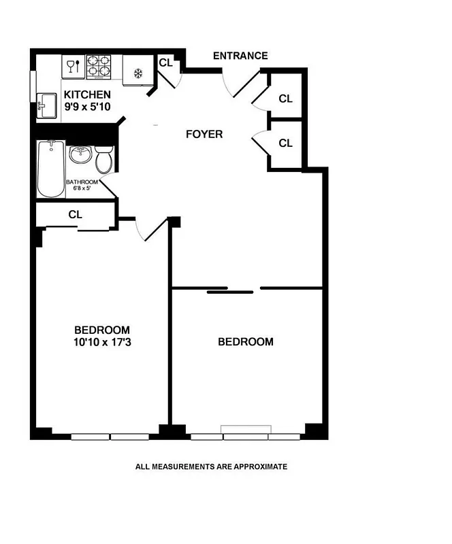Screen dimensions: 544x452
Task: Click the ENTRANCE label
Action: pyautogui.click(x=240, y=56)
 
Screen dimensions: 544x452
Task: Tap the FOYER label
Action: pyautogui.click(x=204, y=134)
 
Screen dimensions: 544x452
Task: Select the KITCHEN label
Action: pyautogui.click(x=87, y=95)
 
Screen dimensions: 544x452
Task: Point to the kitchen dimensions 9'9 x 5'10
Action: pyautogui.click(x=87, y=107)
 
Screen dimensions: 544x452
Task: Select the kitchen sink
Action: pyautogui.click(x=46, y=105)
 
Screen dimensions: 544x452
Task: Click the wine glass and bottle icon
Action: pyautogui.click(x=72, y=67)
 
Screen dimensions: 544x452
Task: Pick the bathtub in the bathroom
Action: pyautogui.click(x=50, y=169)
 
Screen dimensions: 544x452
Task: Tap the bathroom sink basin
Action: pyautogui.click(x=80, y=154)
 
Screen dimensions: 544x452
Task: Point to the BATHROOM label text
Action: pyautogui.click(x=82, y=182)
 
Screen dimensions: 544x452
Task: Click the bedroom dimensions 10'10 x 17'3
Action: pyautogui.click(x=102, y=342)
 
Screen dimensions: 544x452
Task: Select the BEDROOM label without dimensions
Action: pyautogui.click(x=245, y=341)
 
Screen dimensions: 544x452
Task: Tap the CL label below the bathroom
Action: pyautogui.click(x=75, y=214)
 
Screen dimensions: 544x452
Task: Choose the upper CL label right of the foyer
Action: pyautogui.click(x=285, y=99)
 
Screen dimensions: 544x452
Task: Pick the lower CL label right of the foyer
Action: pyautogui.click(x=285, y=143)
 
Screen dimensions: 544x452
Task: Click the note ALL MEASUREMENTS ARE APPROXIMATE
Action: pyautogui.click(x=211, y=466)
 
